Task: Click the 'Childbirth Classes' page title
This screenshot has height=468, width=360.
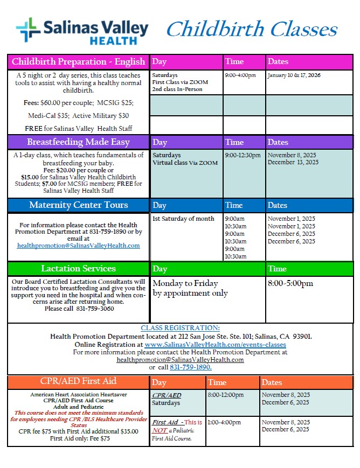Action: pos(252,29)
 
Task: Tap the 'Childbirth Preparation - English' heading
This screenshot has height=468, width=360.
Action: pos(79,61)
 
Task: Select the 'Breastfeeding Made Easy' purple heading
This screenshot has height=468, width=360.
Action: pos(79,142)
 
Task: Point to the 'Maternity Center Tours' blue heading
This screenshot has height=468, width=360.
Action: pos(79,205)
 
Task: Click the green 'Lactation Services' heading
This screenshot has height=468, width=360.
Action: pos(79,268)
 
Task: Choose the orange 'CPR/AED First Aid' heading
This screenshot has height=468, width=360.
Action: pos(79,381)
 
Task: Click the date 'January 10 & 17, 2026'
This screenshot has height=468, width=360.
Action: pos(294,75)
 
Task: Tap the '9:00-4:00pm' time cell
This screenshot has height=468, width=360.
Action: pos(240,75)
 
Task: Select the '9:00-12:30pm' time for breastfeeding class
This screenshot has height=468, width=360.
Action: pos(243,155)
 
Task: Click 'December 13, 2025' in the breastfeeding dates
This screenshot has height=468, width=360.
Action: pos(293,162)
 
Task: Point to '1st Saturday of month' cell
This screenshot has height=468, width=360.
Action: pos(183,219)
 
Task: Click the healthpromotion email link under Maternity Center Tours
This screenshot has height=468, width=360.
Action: pos(79,246)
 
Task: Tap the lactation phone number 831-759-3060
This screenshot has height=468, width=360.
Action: pos(95,309)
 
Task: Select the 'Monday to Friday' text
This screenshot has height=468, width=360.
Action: pos(185,283)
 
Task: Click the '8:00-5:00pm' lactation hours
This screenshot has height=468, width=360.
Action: pos(290,283)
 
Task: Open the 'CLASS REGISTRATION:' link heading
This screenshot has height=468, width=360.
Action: pos(180,328)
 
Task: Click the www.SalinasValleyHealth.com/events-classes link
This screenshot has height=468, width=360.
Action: pos(215,344)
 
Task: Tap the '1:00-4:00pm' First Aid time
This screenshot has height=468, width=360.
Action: pos(224,422)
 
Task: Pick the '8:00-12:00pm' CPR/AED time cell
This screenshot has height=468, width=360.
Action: pos(226,395)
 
